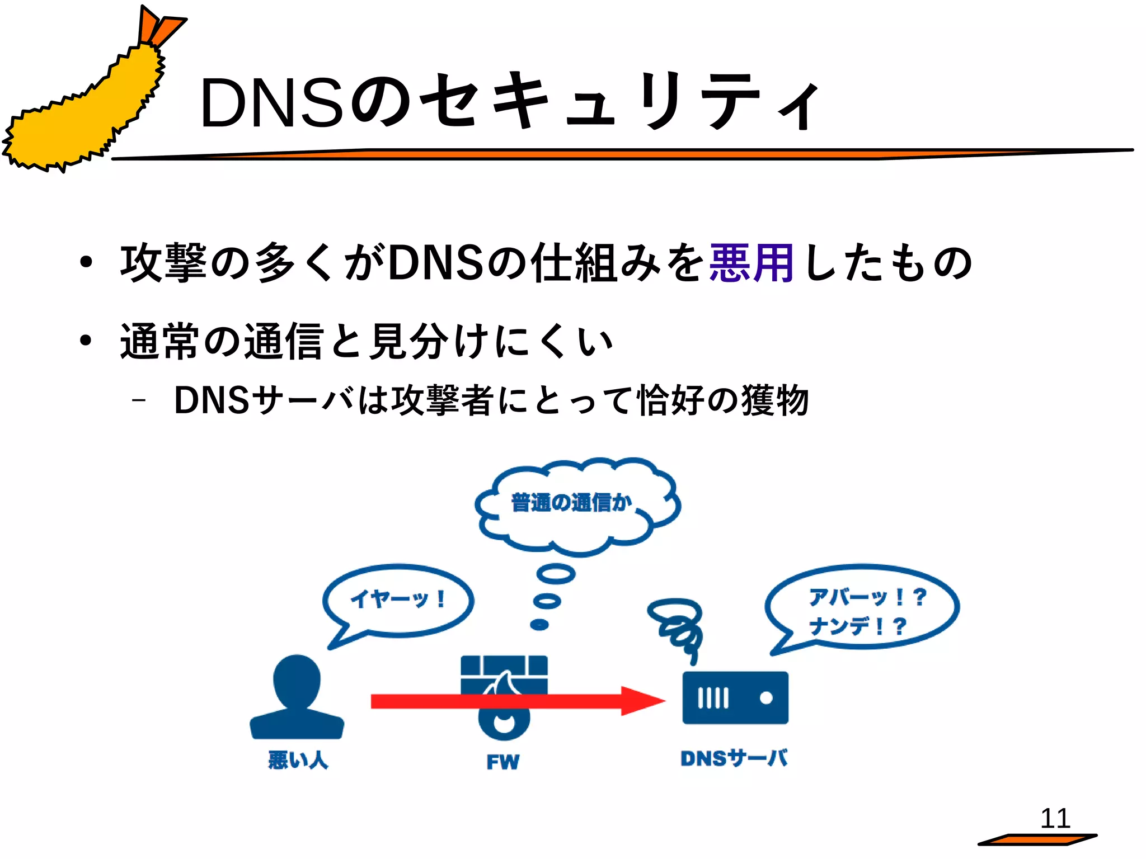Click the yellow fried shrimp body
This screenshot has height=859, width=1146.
84,117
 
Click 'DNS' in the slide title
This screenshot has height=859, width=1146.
271,103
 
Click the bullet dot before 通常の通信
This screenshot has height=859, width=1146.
85,341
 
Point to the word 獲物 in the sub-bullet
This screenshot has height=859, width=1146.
774,400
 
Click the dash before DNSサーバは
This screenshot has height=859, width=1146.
138,400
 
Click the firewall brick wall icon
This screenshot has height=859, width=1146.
504,674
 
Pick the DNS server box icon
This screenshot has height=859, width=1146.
735,698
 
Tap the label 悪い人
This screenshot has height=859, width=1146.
298,760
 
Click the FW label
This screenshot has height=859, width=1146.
502,762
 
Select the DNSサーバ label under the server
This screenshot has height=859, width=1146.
734,758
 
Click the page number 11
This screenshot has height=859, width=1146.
1055,819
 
